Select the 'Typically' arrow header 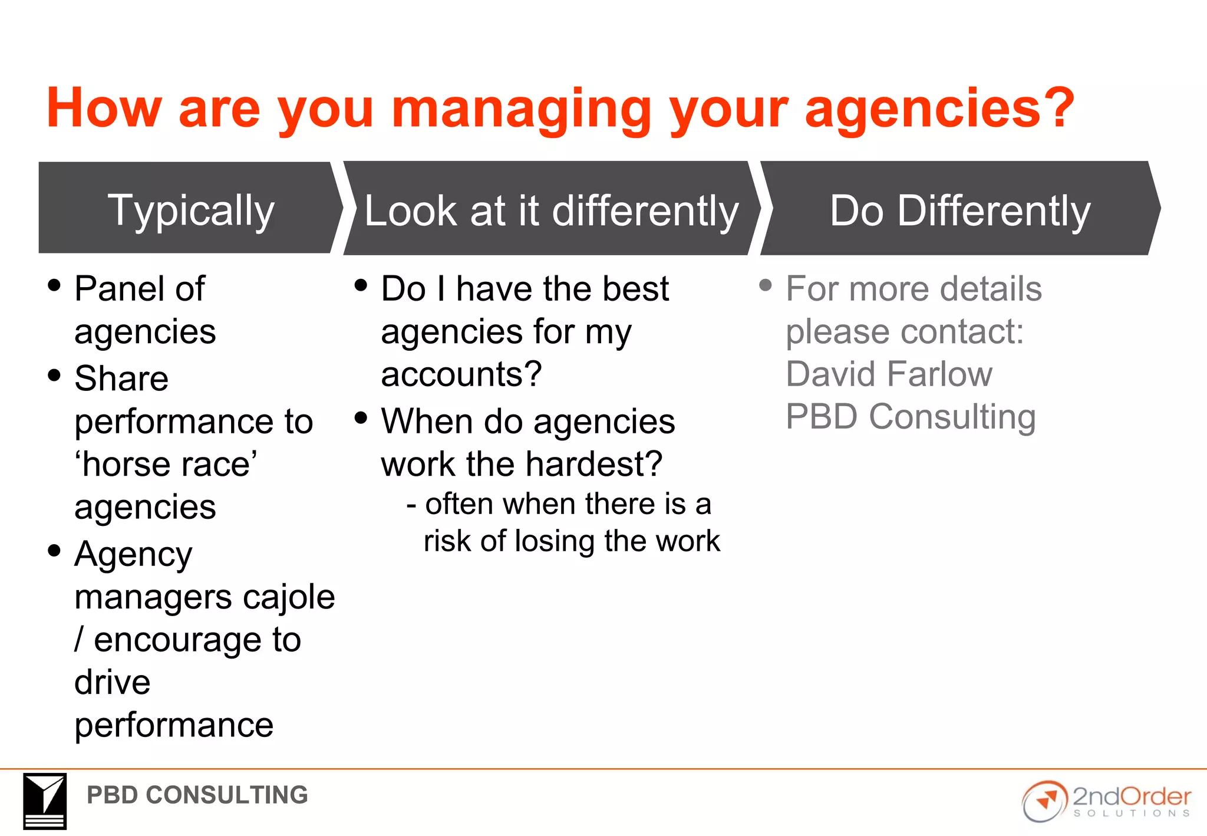pos(190,209)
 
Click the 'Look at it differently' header pos(550,210)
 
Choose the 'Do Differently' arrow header pos(959,210)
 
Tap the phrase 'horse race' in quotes pos(166,464)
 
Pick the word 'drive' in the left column pos(113,683)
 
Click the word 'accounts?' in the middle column pos(461,374)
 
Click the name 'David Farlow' pos(889,374)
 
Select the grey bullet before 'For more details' pos(766,286)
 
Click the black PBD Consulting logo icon pos(45,801)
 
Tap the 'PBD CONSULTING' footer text pos(197,795)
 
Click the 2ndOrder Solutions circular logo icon pos(1044,801)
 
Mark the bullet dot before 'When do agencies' pos(361,418)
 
